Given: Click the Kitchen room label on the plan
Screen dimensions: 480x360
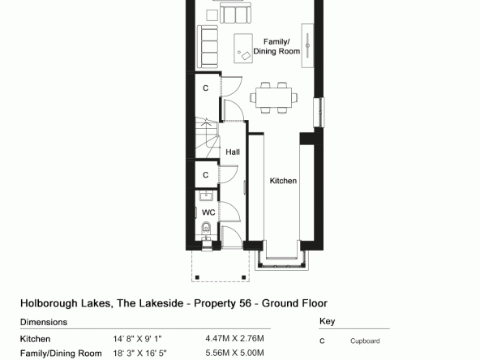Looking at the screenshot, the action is pyautogui.click(x=283, y=181).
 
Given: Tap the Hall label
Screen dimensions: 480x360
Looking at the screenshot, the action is pyautogui.click(x=233, y=152).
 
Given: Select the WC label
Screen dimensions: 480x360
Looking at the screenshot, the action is pyautogui.click(x=208, y=212).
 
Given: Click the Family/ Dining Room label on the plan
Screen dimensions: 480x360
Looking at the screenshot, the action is pyautogui.click(x=276, y=46).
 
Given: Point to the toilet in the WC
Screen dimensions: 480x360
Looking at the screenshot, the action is pyautogui.click(x=206, y=228).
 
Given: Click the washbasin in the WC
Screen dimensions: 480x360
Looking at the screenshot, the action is pyautogui.click(x=206, y=195).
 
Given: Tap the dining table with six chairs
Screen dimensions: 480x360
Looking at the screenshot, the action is pyautogui.click(x=274, y=97).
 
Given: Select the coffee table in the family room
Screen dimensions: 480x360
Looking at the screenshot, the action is pyautogui.click(x=243, y=49).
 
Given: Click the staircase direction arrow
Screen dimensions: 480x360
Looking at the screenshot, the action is pyautogui.click(x=206, y=124).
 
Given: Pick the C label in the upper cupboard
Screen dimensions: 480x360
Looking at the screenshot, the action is pyautogui.click(x=206, y=88).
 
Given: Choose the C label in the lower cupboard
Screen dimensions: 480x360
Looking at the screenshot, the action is pyautogui.click(x=206, y=175).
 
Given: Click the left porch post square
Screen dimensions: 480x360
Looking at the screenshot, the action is pyautogui.click(x=197, y=277).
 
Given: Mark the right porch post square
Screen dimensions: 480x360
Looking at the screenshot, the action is pyautogui.click(x=244, y=277).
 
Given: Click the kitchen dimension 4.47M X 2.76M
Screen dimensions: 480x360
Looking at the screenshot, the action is pyautogui.click(x=235, y=339).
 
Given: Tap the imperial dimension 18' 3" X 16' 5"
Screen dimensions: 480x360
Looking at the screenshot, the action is pyautogui.click(x=140, y=354).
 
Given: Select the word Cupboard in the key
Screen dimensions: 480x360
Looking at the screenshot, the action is pyautogui.click(x=365, y=341).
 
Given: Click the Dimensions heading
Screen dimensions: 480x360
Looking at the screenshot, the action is pyautogui.click(x=44, y=322).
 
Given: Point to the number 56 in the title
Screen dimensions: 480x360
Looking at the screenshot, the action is pyautogui.click(x=244, y=303).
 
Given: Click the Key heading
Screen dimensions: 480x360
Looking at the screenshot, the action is pyautogui.click(x=327, y=321).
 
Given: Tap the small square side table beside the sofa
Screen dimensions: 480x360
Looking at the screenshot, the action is pyautogui.click(x=212, y=15).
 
